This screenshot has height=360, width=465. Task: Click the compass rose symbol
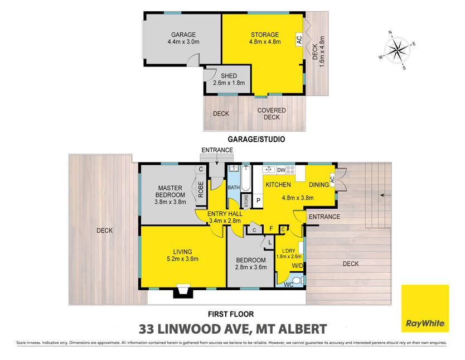pyautogui.click(x=397, y=50)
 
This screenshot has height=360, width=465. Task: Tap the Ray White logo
pyautogui.click(x=425, y=308)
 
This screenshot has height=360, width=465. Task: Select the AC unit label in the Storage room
pyautogui.click(x=299, y=39)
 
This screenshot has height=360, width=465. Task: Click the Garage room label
pyautogui.click(x=183, y=35)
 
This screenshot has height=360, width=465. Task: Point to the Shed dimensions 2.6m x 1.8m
pyautogui.click(x=229, y=83)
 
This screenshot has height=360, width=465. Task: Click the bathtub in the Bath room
pyautogui.click(x=246, y=179)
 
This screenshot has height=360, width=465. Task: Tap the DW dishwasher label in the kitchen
pyautogui.click(x=281, y=170)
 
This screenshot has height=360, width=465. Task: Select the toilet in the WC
pyautogui.click(x=298, y=280)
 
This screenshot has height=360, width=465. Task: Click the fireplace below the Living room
pyautogui.click(x=183, y=291)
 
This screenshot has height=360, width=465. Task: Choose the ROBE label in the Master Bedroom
pyautogui.click(x=201, y=189)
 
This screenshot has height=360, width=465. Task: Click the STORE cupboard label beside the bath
pyautogui.click(x=246, y=200)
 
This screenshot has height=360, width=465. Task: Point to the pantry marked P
pyautogui.click(x=258, y=200)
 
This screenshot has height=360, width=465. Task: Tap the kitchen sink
pyautogui.click(x=269, y=170)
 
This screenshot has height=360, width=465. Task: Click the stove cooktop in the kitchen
pyautogui.click(x=290, y=170)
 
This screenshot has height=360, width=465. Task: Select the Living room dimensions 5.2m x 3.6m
pyautogui.click(x=182, y=259)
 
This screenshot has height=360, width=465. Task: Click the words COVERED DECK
pyautogui.click(x=272, y=114)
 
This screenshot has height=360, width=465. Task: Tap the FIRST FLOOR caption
pyautogui.click(x=231, y=314)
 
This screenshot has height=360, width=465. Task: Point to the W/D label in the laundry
pyautogui.click(x=297, y=266)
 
